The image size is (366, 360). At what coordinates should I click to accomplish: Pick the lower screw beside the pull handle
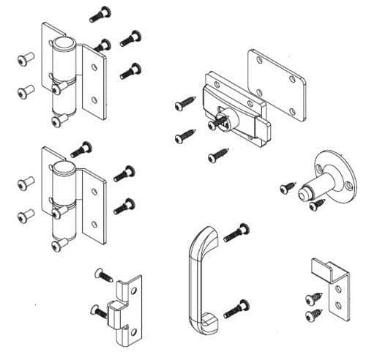[x=236, y=307]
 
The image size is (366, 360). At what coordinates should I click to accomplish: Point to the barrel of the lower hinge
[x=64, y=198]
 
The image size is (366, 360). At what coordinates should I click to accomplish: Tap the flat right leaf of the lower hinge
[x=92, y=209]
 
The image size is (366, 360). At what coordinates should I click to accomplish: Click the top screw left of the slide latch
[x=182, y=105]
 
